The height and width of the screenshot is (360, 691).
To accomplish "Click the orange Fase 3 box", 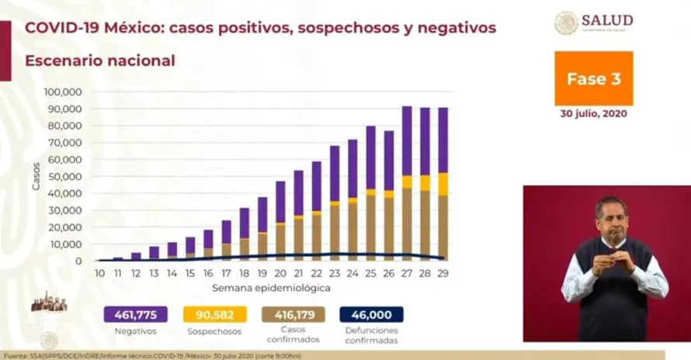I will coord(593,78).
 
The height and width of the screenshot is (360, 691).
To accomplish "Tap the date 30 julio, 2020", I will coord(594,113).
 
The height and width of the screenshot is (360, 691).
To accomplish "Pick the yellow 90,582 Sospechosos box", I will coord(215,314).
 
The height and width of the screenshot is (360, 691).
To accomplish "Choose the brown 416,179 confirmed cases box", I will coord(293,314).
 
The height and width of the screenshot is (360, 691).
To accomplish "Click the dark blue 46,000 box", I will coord(371,314).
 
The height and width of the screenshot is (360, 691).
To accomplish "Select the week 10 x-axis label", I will coord(100,273).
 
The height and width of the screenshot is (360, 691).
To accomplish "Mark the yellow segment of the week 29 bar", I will coord(443,183).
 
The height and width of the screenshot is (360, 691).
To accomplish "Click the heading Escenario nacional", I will coord(99,60).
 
